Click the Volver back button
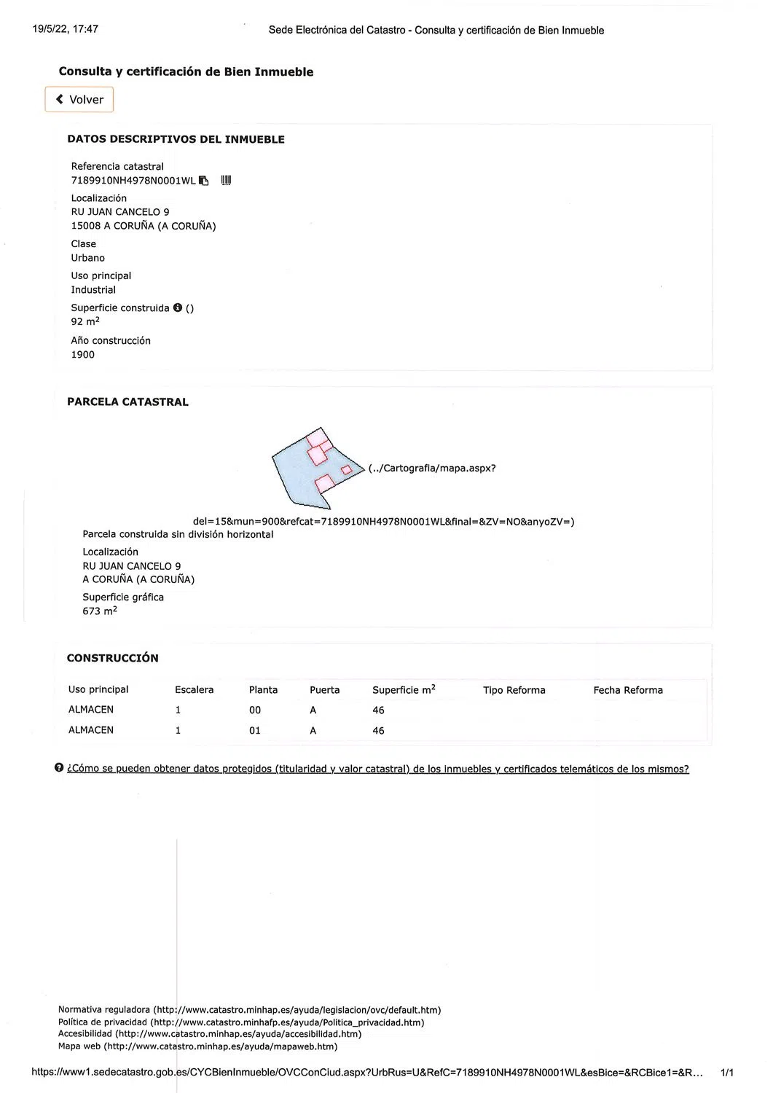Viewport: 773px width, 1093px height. (x=79, y=100)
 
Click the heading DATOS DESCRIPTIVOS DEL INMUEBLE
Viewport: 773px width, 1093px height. (x=176, y=139)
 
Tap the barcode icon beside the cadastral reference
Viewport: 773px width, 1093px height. (x=226, y=181)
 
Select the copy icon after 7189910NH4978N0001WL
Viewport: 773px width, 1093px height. (x=204, y=181)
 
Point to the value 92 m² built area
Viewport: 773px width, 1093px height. (x=85, y=321)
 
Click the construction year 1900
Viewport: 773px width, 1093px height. (x=82, y=355)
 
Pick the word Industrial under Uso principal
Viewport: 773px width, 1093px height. (x=93, y=290)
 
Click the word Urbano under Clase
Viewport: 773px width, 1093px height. (x=87, y=258)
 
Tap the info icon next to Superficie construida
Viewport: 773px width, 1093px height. (x=177, y=308)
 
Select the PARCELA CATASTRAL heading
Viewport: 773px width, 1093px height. (x=127, y=401)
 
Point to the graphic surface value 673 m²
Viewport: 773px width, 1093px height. (x=99, y=611)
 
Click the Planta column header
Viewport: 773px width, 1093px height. (x=263, y=690)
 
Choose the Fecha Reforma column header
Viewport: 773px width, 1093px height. (x=628, y=690)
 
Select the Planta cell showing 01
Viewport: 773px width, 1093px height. (x=255, y=731)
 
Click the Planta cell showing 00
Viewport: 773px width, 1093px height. (x=255, y=710)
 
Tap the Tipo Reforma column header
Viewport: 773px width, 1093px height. (x=514, y=690)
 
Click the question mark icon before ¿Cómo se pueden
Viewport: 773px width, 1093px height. (x=59, y=768)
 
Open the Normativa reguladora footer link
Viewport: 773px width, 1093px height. (x=249, y=1010)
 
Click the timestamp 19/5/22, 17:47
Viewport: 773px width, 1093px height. (x=66, y=29)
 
